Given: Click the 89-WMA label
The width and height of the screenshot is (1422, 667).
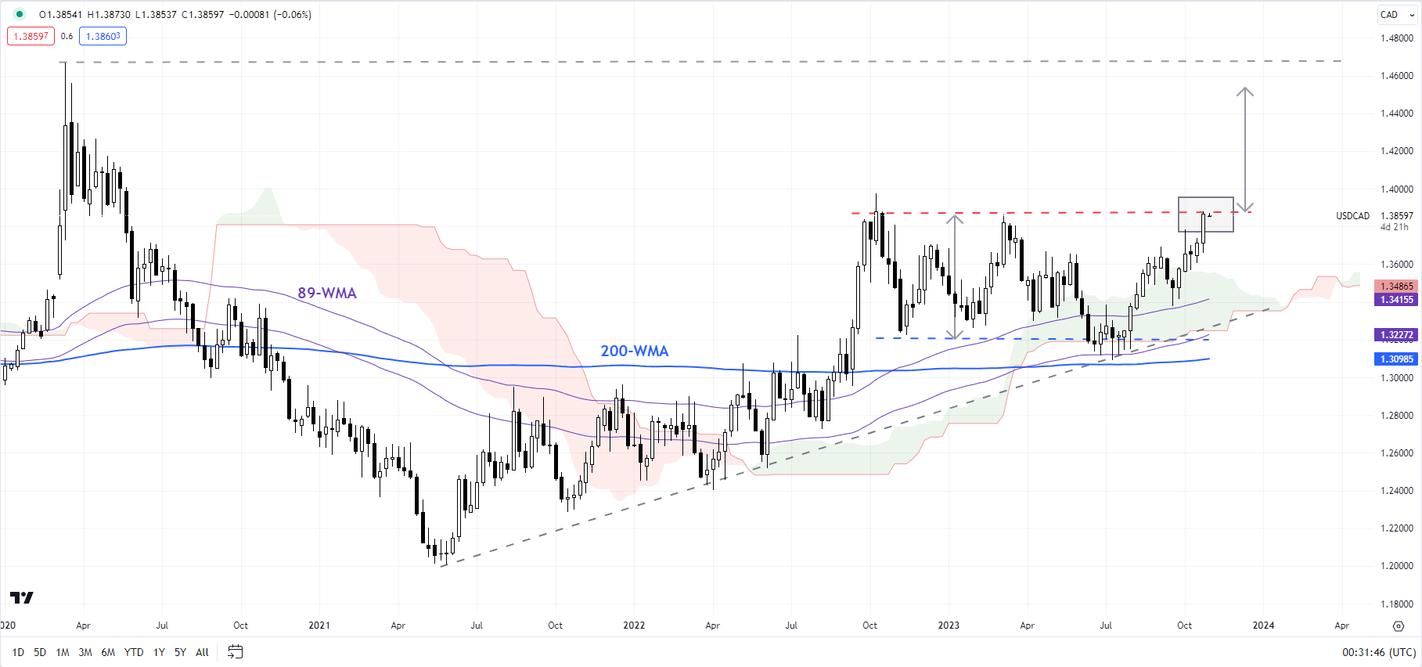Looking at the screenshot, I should [x=326, y=294].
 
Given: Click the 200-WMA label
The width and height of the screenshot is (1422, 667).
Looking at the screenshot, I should [x=634, y=352].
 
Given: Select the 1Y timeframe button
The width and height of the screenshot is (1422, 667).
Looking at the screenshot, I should [x=159, y=652].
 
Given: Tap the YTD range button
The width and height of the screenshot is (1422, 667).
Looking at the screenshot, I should [x=134, y=652].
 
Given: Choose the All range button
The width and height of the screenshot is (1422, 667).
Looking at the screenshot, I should [x=202, y=652].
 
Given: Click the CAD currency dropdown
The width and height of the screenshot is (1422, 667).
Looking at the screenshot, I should [x=1396, y=15].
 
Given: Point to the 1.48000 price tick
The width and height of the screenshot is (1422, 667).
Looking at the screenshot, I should [x=1396, y=38].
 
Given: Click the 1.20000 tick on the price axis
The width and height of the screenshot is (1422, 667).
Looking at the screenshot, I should [x=1396, y=566].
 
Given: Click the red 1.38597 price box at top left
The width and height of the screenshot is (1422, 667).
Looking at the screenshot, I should [x=31, y=36].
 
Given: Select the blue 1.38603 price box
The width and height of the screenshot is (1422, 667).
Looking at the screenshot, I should [x=103, y=36].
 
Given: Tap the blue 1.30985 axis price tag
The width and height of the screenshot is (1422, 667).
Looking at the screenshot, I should [x=1396, y=359].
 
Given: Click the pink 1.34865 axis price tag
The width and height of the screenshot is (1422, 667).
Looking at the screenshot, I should [x=1396, y=287].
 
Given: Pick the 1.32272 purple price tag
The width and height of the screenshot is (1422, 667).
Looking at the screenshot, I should [x=1396, y=335].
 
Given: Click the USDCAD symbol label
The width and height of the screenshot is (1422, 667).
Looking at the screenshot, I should [x=1352, y=216].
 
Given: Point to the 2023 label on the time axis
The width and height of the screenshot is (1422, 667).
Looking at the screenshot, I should [x=949, y=626].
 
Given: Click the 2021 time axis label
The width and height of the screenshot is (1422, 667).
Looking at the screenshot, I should [x=319, y=626].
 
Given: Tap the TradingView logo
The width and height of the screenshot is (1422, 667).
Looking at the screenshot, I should [x=22, y=598].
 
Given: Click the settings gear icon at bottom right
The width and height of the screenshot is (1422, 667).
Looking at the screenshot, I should [x=1399, y=626].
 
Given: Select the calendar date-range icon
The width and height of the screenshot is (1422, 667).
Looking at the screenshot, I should [x=235, y=652].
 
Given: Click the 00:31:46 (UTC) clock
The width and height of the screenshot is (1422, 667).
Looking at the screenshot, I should [x=1378, y=652].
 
